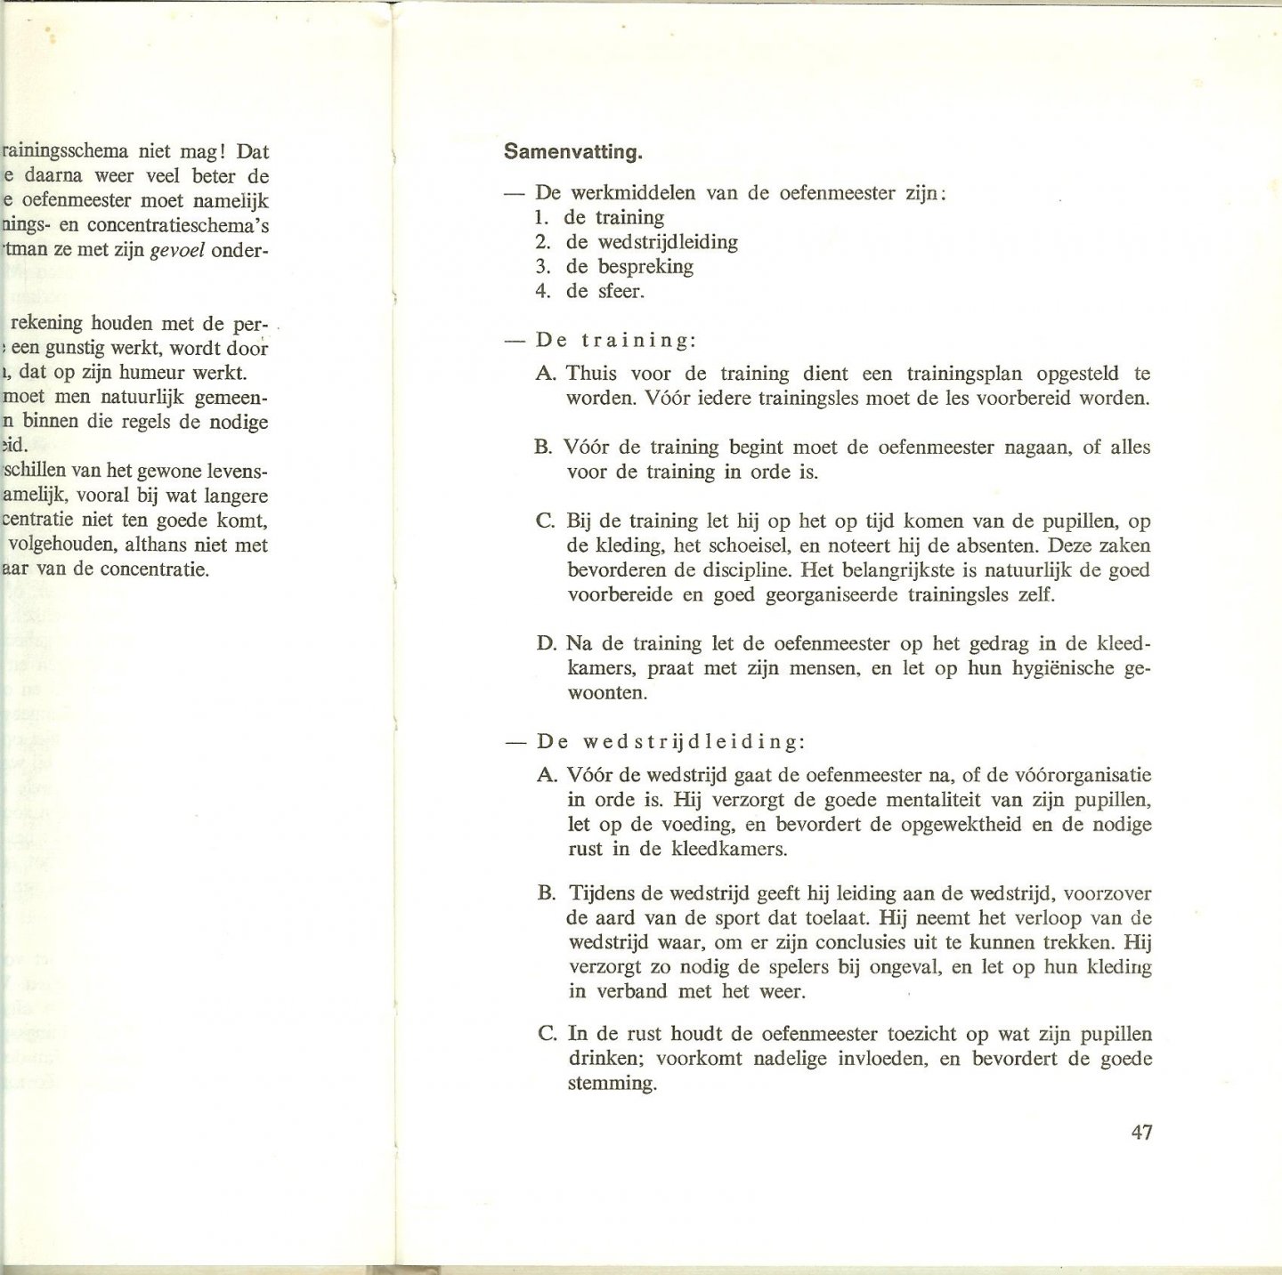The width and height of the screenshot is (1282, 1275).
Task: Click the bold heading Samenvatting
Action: (x=572, y=152)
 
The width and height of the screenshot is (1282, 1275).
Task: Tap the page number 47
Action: (x=1141, y=1133)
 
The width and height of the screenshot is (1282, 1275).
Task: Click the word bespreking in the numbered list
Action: (x=645, y=266)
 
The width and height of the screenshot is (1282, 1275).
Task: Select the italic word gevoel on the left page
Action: (x=182, y=250)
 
